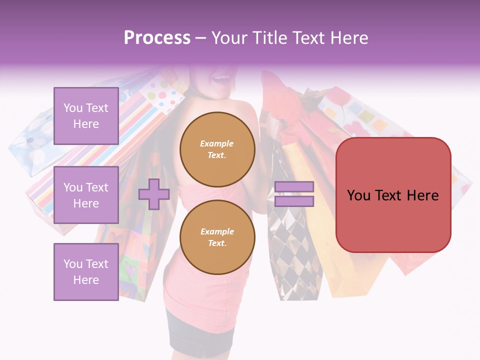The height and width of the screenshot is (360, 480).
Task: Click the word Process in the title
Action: pyautogui.click(x=157, y=38)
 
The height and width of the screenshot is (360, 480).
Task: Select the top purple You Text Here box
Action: pyautogui.click(x=86, y=116)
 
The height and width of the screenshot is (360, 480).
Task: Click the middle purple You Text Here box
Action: pyautogui.click(x=86, y=195)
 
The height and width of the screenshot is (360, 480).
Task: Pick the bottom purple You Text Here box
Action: pyautogui.click(x=86, y=271)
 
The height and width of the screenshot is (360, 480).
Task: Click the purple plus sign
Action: pyautogui.click(x=154, y=194)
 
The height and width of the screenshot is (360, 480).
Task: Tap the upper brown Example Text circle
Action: pyautogui.click(x=217, y=149)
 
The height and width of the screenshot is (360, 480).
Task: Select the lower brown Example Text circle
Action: pyautogui.click(x=217, y=237)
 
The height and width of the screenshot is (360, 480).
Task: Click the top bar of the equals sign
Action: pyautogui.click(x=294, y=187)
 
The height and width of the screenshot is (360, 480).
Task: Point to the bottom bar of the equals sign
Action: pyautogui.click(x=294, y=201)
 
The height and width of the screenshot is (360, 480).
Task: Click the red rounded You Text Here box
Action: pyautogui.click(x=393, y=195)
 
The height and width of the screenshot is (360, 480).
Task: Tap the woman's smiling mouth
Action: pyautogui.click(x=219, y=78)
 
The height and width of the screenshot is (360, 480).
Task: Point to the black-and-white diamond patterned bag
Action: pyautogui.click(x=292, y=250)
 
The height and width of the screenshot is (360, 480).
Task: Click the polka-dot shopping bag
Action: pyautogui.click(x=165, y=92)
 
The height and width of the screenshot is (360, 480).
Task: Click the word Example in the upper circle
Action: pyautogui.click(x=217, y=143)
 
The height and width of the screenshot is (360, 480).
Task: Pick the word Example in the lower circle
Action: pyautogui.click(x=217, y=231)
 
